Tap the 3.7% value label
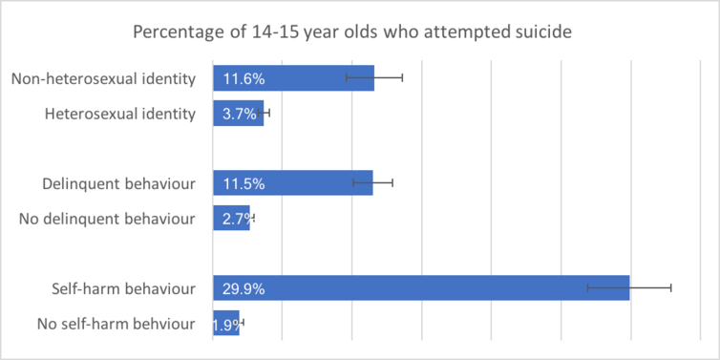click(240, 114)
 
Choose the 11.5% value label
click(244, 182)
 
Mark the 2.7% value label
click(235, 219)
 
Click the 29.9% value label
click(244, 287)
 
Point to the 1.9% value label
click(226, 324)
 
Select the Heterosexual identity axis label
click(120, 114)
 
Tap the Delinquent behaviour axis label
click(119, 182)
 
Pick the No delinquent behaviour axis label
click(107, 219)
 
